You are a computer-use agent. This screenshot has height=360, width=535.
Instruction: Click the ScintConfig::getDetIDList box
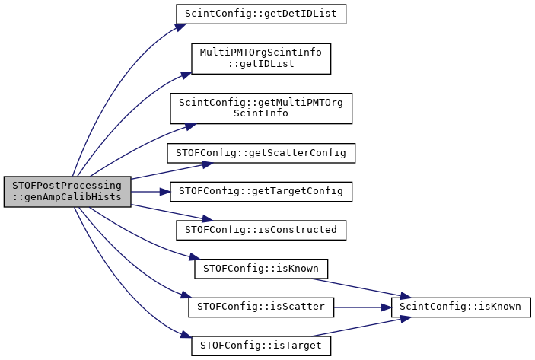[261, 14]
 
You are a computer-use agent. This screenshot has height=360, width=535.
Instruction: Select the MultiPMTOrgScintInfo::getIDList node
[261, 59]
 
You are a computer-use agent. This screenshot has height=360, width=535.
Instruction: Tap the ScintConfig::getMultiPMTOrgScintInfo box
[261, 108]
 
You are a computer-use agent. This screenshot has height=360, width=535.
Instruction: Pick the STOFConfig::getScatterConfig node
[261, 153]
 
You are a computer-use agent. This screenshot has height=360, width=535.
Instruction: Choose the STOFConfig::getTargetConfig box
[261, 192]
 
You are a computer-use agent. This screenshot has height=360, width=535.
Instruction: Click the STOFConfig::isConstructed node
[261, 230]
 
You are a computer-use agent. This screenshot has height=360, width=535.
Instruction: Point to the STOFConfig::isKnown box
[261, 269]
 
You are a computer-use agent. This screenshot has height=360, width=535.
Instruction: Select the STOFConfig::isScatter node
[261, 307]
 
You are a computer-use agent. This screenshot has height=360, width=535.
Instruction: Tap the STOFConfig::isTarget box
[261, 346]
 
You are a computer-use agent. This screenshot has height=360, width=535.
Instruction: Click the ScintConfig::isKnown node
[461, 307]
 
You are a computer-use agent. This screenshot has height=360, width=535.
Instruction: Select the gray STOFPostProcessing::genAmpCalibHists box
[68, 192]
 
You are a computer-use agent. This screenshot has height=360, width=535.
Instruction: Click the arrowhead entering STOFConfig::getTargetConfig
[165, 192]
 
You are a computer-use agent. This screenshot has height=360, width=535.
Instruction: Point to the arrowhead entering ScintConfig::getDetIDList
[181, 27]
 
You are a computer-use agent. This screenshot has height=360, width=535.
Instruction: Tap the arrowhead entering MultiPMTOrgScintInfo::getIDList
[186, 75]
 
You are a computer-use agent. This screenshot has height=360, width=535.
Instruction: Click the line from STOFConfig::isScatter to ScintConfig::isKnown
[363, 307]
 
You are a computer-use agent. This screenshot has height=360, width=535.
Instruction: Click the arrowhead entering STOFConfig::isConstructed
[208, 218]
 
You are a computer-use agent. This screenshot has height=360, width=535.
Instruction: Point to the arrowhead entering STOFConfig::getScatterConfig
[208, 164]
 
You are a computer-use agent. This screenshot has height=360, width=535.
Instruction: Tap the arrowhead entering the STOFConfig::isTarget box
[186, 334]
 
